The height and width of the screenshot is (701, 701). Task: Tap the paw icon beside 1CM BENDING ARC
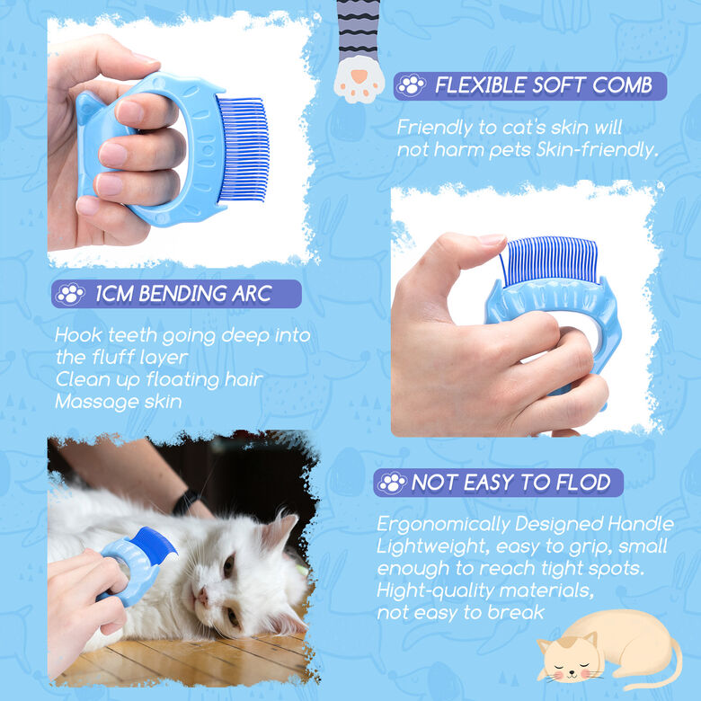[70, 294]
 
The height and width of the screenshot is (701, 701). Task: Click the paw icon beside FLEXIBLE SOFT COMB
[412, 85]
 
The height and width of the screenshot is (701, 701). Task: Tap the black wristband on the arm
[185, 501]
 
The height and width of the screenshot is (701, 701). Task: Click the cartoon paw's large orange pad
[359, 76]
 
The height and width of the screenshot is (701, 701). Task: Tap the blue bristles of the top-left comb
[244, 149]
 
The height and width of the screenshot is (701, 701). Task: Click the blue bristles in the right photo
[549, 261]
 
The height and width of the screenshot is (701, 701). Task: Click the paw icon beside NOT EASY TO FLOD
[392, 483]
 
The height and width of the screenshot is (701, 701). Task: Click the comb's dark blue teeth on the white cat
[154, 546]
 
